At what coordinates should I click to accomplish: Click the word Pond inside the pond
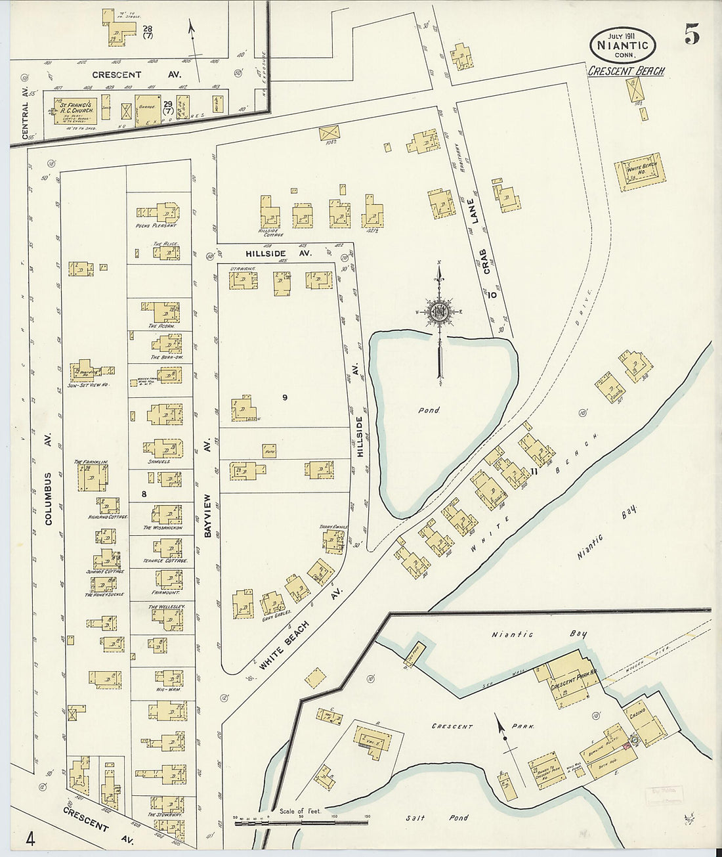pyautogui.click(x=429, y=410)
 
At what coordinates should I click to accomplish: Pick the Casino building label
pyautogui.click(x=637, y=713)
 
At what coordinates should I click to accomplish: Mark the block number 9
pyautogui.click(x=285, y=397)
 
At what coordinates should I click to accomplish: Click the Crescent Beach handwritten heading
pyautogui.click(x=625, y=70)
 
